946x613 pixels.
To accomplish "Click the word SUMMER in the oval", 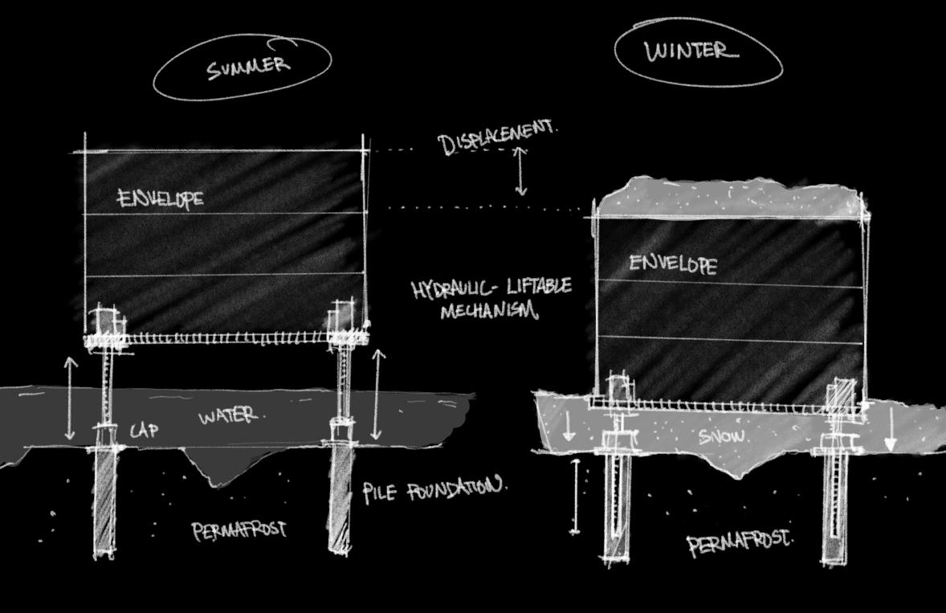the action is [247, 66].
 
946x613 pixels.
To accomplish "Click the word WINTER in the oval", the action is [691, 52].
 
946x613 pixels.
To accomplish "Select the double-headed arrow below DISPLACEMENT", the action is [521, 172].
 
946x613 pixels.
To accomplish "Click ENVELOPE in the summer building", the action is [161, 198].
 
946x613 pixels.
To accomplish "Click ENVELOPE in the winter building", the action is [673, 264].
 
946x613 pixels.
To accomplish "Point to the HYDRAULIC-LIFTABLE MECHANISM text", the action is [491, 298].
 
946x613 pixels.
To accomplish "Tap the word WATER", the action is [230, 416].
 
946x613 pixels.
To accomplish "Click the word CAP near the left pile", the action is [145, 431].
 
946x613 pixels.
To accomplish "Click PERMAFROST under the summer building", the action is [239, 530].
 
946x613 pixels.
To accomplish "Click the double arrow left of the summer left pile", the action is [71, 399].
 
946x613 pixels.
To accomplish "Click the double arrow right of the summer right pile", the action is [378, 394].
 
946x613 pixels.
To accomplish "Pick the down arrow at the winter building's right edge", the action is [890, 434].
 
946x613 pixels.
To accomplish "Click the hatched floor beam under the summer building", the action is [229, 338].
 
